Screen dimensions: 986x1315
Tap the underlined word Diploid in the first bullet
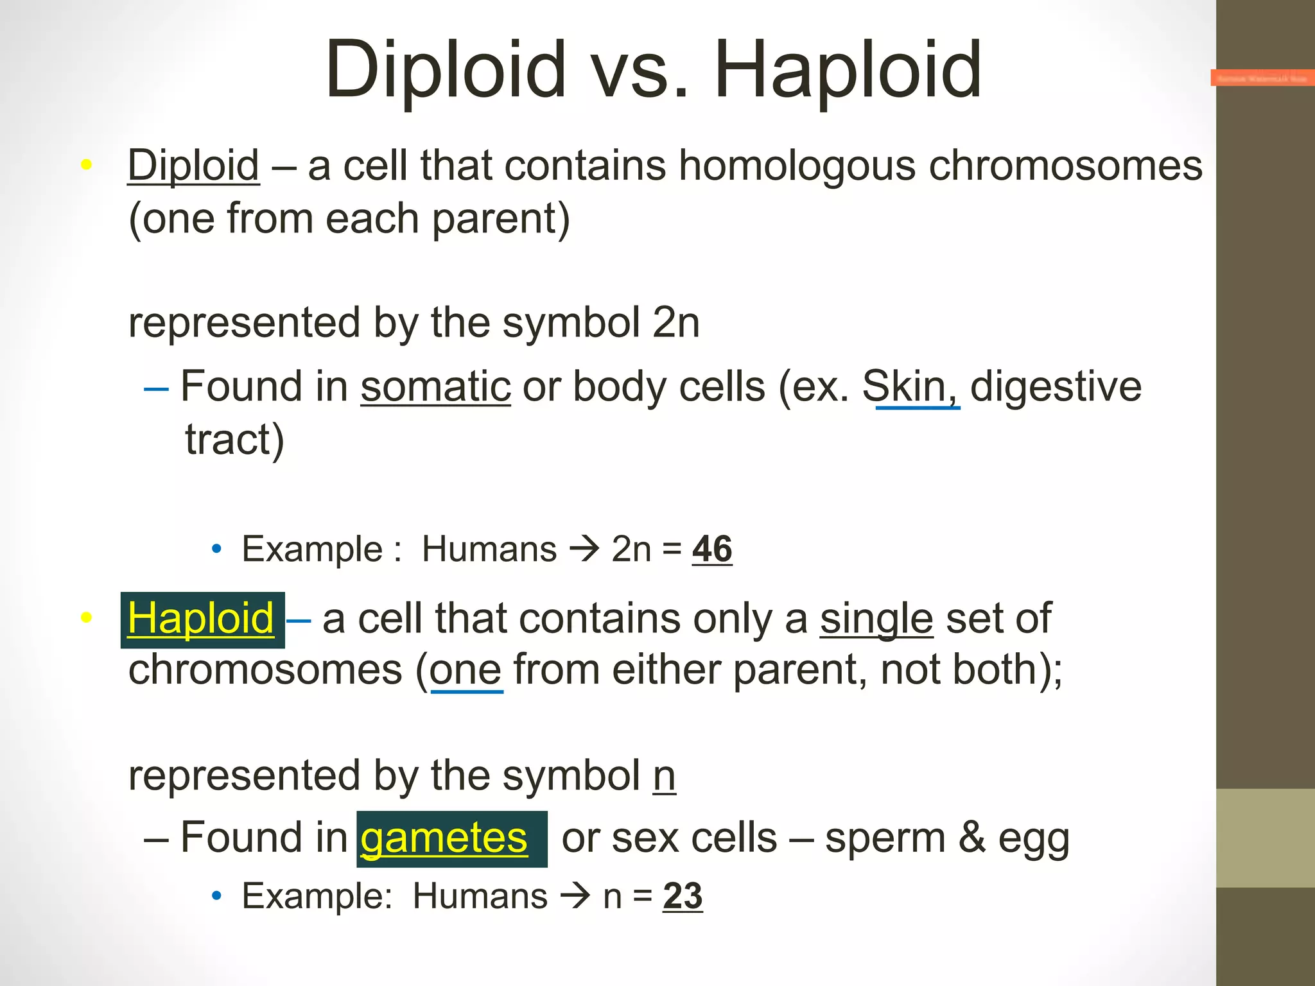pyautogui.click(x=193, y=166)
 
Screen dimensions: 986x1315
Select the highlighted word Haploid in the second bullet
pyautogui.click(x=201, y=619)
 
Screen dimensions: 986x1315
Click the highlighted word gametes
pyautogui.click(x=444, y=838)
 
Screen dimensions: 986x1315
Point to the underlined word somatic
pyautogui.click(x=435, y=387)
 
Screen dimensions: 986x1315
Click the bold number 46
pyautogui.click(x=712, y=549)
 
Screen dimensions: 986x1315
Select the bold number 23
pyautogui.click(x=683, y=896)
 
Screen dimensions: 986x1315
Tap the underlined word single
pyautogui.click(x=876, y=619)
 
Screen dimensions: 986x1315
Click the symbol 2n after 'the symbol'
pyautogui.click(x=675, y=322)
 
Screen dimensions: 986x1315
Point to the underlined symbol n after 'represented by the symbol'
pyautogui.click(x=664, y=776)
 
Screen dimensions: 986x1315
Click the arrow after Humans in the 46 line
pyautogui.click(x=584, y=549)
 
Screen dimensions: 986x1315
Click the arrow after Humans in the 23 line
pyautogui.click(x=575, y=896)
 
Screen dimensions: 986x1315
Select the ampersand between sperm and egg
pyautogui.click(x=972, y=838)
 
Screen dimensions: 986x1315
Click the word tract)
pyautogui.click(x=234, y=440)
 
